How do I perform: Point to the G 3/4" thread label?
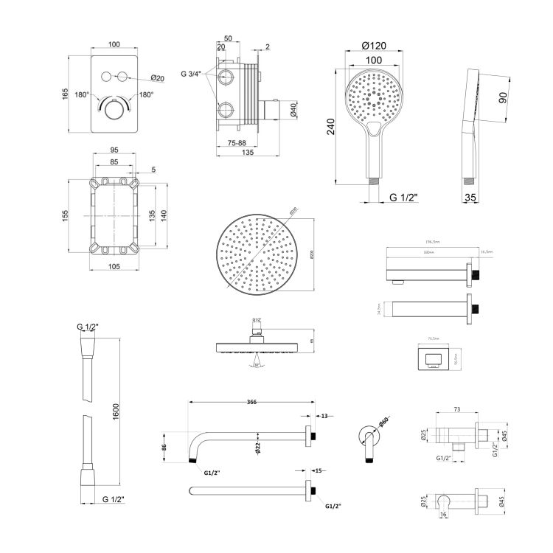click(194, 73)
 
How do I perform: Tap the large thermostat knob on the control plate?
click(114, 110)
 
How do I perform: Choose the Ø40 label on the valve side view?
click(293, 111)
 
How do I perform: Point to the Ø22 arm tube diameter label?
click(257, 448)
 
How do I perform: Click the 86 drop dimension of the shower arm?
click(167, 446)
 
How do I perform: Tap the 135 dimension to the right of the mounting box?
click(152, 215)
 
